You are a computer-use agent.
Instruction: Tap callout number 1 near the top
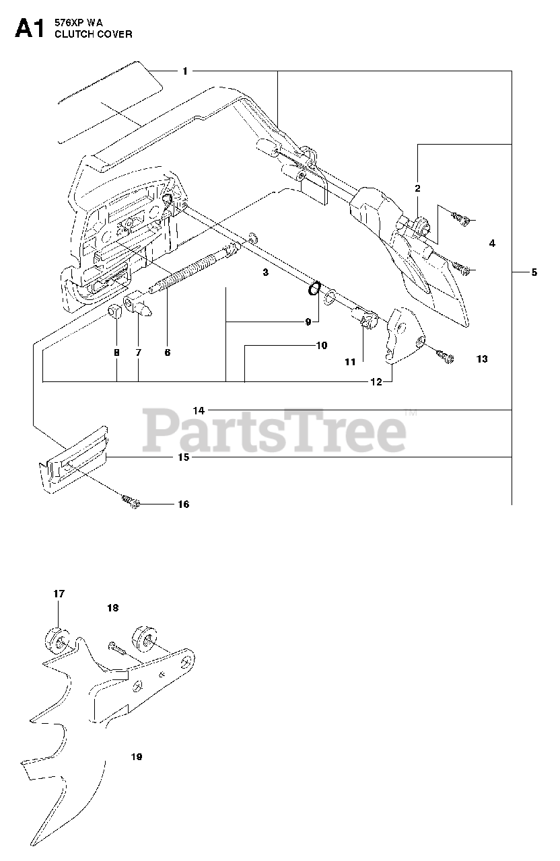(x=185, y=71)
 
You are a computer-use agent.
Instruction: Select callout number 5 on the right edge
(x=534, y=272)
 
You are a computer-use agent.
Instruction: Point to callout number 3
(x=265, y=272)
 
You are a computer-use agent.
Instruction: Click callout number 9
(x=308, y=322)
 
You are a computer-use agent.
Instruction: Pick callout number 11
(x=350, y=362)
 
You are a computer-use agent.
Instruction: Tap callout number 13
(x=481, y=359)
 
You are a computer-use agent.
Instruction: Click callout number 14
(x=199, y=410)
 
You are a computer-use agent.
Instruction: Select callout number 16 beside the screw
(x=182, y=504)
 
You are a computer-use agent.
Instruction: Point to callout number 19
(x=137, y=757)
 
